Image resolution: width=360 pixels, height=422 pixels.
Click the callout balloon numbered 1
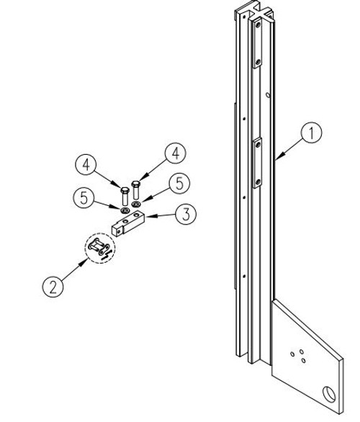310,133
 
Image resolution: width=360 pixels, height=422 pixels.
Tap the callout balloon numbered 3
185,214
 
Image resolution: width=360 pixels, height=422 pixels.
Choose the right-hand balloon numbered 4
174,153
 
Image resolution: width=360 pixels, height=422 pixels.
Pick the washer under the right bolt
136,204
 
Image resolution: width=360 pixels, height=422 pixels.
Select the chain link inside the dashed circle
99,249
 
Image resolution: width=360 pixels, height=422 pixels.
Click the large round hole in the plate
330,394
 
